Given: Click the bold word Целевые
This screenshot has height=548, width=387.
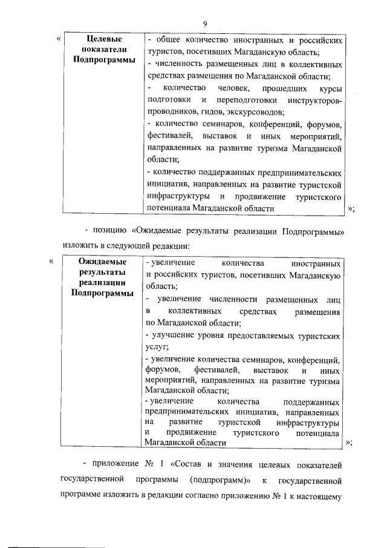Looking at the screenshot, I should pyautogui.click(x=102, y=40).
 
